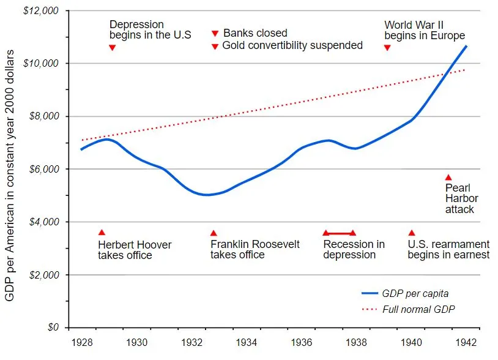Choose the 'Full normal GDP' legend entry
point(418,309)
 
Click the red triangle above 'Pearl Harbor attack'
point(448,178)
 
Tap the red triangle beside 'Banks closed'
point(215,34)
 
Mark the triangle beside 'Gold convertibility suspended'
point(215,47)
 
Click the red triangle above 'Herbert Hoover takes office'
point(102,233)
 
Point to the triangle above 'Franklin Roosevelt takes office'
point(214,233)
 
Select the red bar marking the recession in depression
point(339,233)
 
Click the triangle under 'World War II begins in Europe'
point(387,47)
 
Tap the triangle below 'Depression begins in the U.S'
point(112,47)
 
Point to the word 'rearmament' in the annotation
point(463,244)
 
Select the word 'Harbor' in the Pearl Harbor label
point(461,198)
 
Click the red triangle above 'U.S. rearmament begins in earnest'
point(412,233)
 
